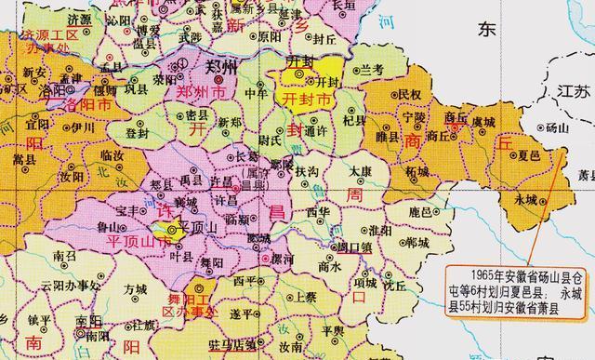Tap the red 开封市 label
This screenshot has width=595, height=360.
tap(307, 98)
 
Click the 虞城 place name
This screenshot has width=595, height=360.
tap(483, 122)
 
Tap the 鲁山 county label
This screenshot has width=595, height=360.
tap(111, 225)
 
